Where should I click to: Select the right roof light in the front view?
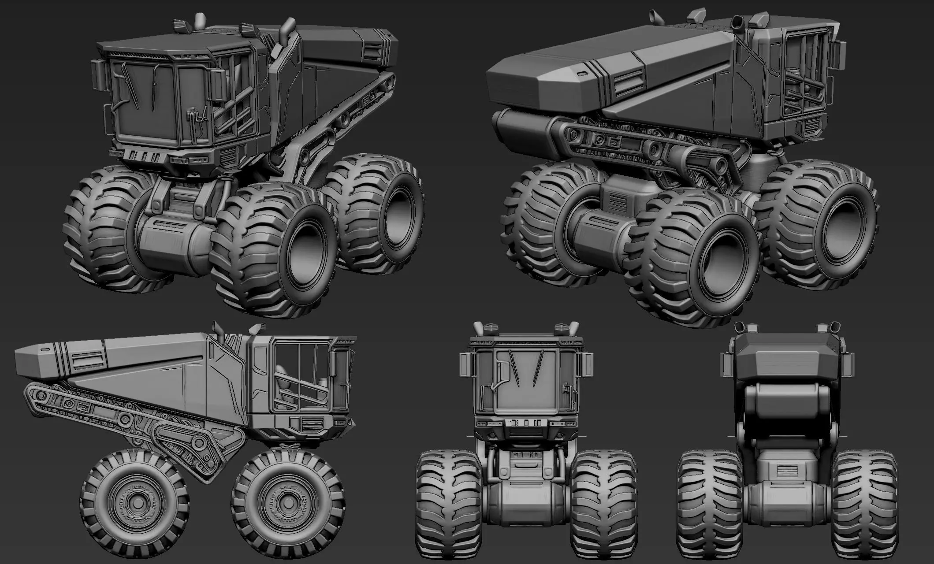click(561, 328)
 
